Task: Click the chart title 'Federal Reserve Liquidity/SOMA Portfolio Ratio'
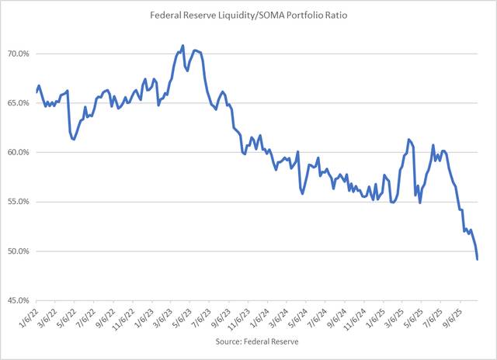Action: click(x=248, y=16)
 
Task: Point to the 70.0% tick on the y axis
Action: click(x=19, y=54)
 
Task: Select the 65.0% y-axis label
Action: click(x=19, y=103)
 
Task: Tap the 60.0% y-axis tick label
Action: click(x=19, y=152)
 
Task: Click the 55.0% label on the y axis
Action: click(x=19, y=202)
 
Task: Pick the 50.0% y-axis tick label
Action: click(x=19, y=251)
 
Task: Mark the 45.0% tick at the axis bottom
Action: click(x=19, y=300)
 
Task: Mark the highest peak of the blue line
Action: click(x=182, y=46)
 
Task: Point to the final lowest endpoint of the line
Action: click(x=477, y=259)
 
